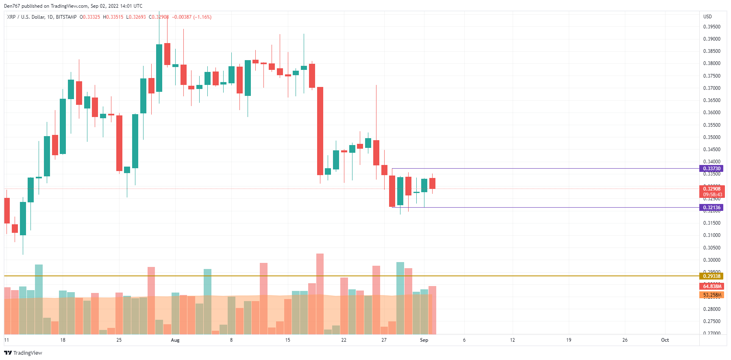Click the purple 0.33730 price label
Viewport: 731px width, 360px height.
pyautogui.click(x=711, y=169)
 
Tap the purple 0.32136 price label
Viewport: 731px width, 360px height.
pyautogui.click(x=711, y=208)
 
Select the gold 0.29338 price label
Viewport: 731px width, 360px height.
pyautogui.click(x=711, y=276)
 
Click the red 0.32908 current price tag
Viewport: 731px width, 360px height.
pyautogui.click(x=711, y=189)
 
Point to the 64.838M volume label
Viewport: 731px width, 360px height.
pyautogui.click(x=712, y=286)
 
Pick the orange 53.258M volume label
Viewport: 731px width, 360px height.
pyautogui.click(x=712, y=295)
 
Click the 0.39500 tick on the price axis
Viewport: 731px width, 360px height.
pyautogui.click(x=711, y=27)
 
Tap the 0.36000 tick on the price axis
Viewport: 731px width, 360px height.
pyautogui.click(x=711, y=113)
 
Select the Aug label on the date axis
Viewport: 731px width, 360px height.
pyautogui.click(x=175, y=340)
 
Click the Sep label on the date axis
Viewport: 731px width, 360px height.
pyautogui.click(x=424, y=340)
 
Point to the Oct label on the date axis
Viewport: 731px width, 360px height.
pyautogui.click(x=665, y=340)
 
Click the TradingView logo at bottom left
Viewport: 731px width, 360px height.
pyautogui.click(x=23, y=353)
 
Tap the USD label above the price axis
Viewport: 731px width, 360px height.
pyautogui.click(x=707, y=17)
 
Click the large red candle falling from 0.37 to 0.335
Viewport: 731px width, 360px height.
pyautogui.click(x=320, y=131)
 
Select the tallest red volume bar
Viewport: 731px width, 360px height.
pyautogui.click(x=320, y=294)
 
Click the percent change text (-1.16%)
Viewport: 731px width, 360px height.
pyautogui.click(x=202, y=17)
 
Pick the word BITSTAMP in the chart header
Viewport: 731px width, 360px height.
pyautogui.click(x=66, y=17)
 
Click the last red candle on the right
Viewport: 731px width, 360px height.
pyautogui.click(x=432, y=183)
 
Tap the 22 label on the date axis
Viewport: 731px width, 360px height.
pyautogui.click(x=344, y=340)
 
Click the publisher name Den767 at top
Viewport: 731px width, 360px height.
pyautogui.click(x=12, y=6)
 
